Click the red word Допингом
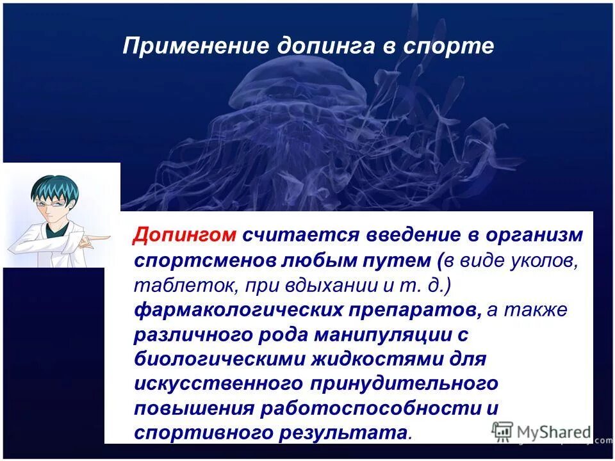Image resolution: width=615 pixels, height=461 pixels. pos(185,234)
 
